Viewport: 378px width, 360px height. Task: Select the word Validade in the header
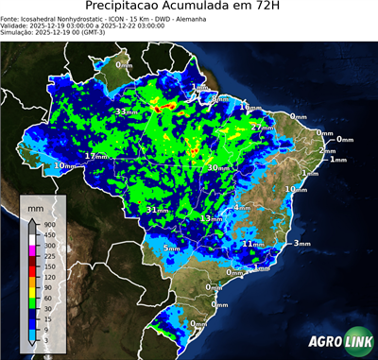tap(16, 27)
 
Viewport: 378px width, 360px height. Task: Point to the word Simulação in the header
tap(19, 36)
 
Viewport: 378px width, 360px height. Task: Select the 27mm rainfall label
tap(262, 127)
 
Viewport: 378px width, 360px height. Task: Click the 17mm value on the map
tap(95, 155)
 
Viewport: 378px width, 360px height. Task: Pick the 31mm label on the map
tap(156, 209)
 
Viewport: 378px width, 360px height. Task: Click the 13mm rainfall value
tap(209, 218)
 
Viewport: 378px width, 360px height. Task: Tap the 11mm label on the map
tap(252, 244)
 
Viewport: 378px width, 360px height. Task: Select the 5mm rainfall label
tap(171, 249)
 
